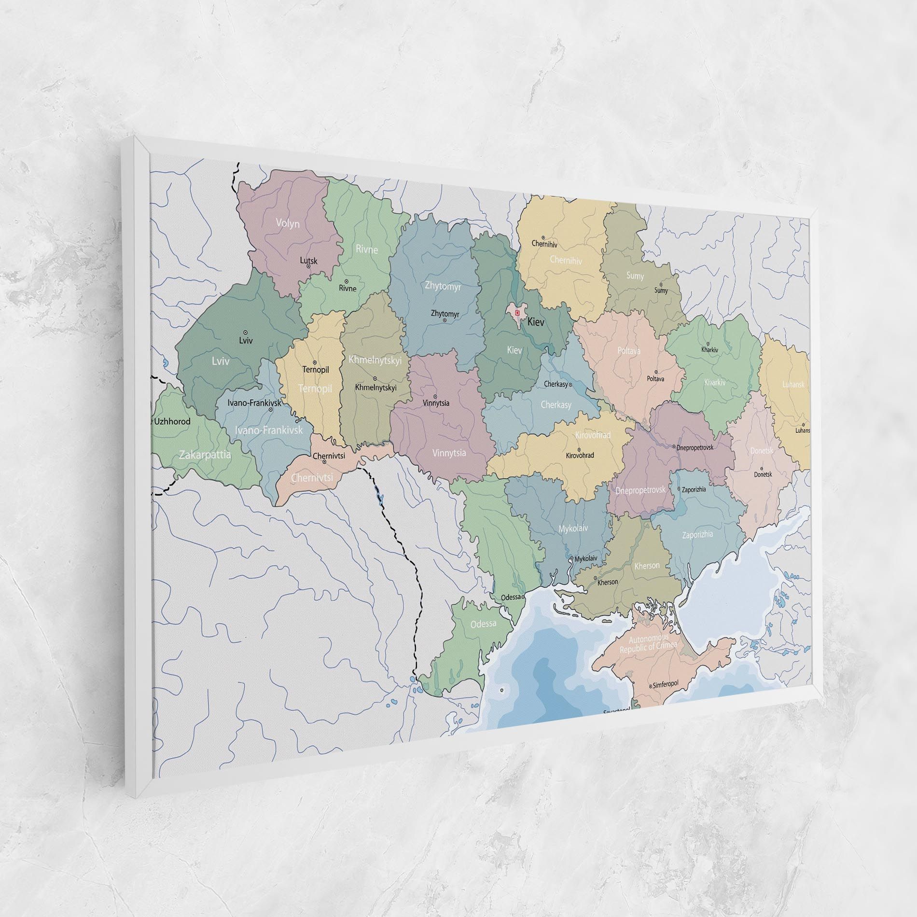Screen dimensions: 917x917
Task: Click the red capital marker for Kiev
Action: (x=517, y=313)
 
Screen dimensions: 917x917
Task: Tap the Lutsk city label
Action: (x=309, y=261)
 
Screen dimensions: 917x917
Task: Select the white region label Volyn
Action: (x=288, y=223)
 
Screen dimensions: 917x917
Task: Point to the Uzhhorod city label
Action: (x=172, y=421)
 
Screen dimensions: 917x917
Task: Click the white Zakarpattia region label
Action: (x=205, y=455)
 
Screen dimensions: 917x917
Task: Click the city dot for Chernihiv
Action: (x=543, y=237)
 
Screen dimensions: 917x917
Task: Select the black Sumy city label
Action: (x=661, y=291)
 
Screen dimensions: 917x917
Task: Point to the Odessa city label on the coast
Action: (x=511, y=597)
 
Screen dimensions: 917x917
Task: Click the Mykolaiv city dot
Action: (x=572, y=559)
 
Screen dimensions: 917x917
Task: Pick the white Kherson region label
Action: (x=647, y=565)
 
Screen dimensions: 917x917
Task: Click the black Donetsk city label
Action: (x=763, y=474)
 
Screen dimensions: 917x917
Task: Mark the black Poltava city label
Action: (x=655, y=379)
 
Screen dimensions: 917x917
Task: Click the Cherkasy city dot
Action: (x=570, y=385)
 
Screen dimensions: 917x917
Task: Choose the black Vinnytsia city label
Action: (x=435, y=403)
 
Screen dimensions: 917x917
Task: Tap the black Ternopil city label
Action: (x=316, y=370)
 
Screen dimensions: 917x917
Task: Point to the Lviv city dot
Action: (x=246, y=333)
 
